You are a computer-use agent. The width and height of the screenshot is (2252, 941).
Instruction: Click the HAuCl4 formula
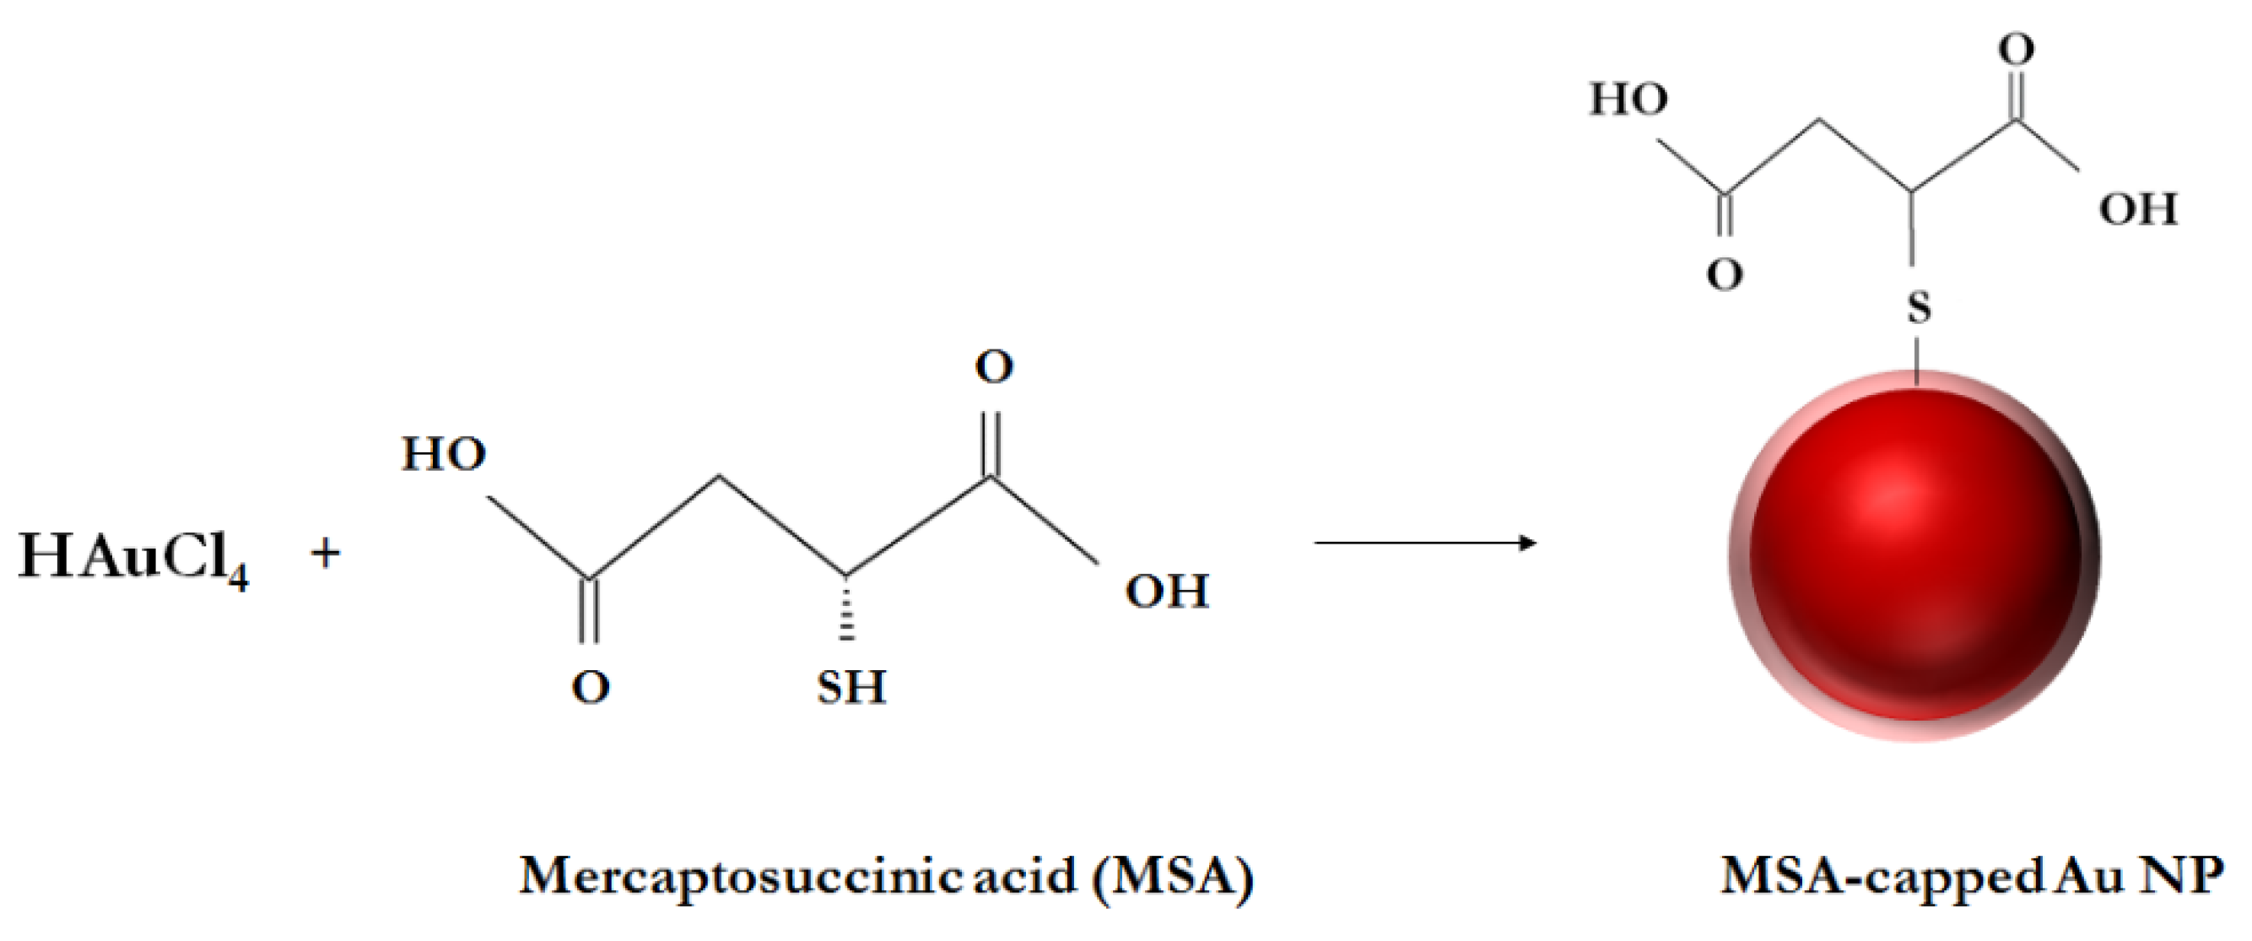point(132,557)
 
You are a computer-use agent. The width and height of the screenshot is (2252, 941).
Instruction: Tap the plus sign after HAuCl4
point(325,554)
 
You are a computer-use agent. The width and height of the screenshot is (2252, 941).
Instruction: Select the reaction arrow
point(1425,544)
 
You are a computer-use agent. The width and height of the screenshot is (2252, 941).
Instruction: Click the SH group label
point(851,687)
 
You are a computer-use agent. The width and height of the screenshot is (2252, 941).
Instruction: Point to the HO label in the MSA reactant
point(443,454)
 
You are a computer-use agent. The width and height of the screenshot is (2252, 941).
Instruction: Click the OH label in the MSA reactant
point(1166,592)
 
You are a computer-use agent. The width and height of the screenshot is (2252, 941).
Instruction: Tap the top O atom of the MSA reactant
point(994,367)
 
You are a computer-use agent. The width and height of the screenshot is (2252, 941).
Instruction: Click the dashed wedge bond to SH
point(845,608)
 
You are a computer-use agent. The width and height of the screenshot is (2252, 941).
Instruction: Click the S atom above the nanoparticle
point(1918,307)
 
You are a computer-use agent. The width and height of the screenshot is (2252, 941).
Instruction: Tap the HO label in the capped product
point(1628,99)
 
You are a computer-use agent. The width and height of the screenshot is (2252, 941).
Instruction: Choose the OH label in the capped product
point(2137,210)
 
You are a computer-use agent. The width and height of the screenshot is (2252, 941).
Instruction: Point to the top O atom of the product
point(2016,49)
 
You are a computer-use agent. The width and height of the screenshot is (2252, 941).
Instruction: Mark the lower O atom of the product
point(1724,275)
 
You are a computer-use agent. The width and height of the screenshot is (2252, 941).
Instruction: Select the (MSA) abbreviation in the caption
point(1172,876)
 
